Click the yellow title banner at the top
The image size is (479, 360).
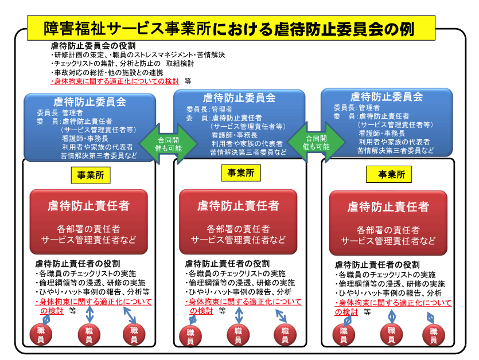231,28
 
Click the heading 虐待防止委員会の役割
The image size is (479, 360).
93,46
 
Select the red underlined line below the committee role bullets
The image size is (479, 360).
115,81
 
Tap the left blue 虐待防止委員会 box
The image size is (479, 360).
90,127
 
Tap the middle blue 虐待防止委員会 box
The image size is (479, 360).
239,124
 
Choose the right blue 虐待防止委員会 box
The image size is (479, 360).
387,123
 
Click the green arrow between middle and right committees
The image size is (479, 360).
317,142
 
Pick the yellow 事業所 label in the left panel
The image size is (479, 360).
91,175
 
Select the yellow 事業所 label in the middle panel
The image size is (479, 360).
241,173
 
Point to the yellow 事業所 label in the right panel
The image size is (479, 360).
389,174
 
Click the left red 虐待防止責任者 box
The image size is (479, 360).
88,222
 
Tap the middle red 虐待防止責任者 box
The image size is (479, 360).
238,222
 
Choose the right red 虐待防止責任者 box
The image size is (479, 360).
388,223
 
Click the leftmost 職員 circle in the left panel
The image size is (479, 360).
41,334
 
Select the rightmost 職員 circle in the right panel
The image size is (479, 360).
434,335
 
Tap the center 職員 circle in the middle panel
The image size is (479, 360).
238,335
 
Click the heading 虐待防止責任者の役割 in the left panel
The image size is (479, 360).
77,264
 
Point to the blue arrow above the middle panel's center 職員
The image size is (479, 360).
239,315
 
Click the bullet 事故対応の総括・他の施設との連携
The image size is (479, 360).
107,73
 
